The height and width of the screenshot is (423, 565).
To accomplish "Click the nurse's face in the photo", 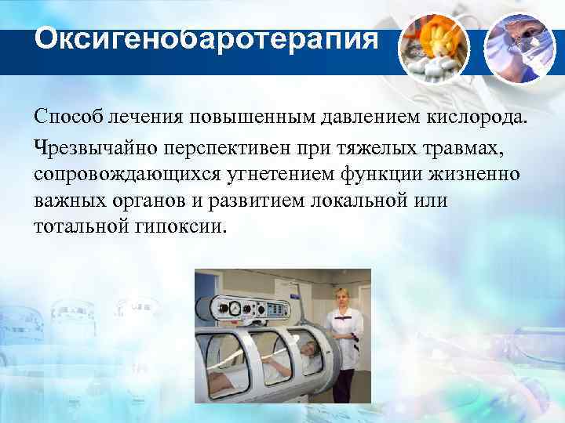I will pos(341,297).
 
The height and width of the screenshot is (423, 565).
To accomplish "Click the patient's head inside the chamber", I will pos(308,346).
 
